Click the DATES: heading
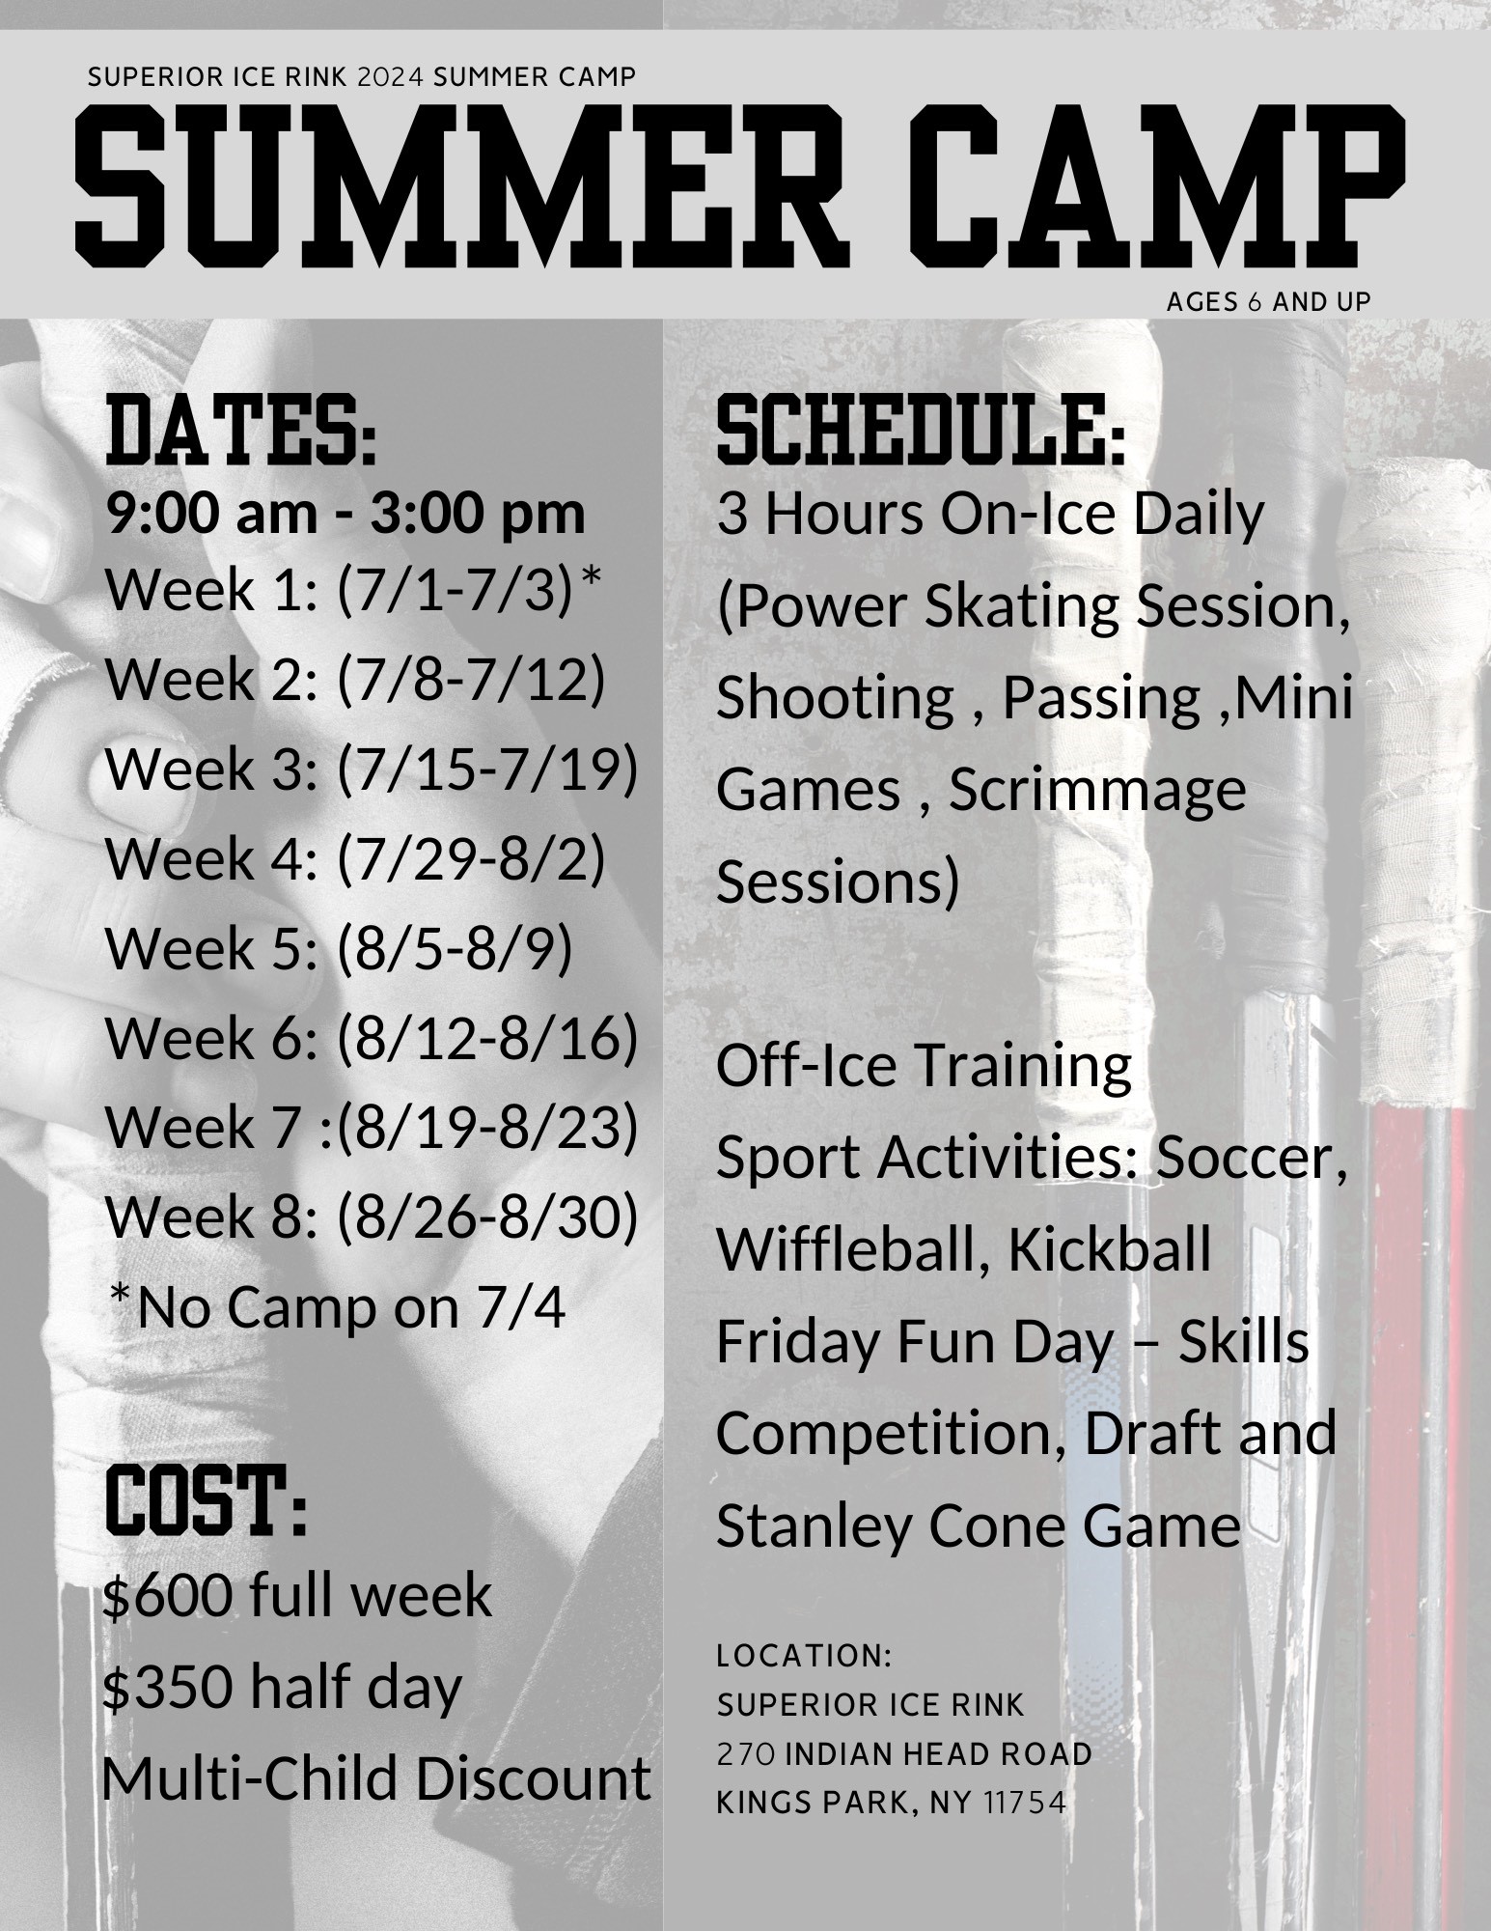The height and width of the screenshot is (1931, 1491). click(241, 440)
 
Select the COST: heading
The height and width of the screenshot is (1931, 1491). click(206, 1501)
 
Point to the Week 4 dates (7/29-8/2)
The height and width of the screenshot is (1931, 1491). click(471, 858)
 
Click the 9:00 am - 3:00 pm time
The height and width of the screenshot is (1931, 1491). click(345, 513)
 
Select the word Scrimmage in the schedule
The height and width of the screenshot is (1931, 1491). click(1097, 790)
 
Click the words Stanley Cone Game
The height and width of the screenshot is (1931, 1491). click(978, 1525)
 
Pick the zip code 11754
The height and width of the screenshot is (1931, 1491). click(1026, 1803)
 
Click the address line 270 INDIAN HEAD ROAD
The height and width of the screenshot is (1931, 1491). click(903, 1753)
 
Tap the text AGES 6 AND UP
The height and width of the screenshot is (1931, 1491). click(1268, 302)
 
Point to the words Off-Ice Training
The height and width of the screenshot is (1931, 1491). click(924, 1066)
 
